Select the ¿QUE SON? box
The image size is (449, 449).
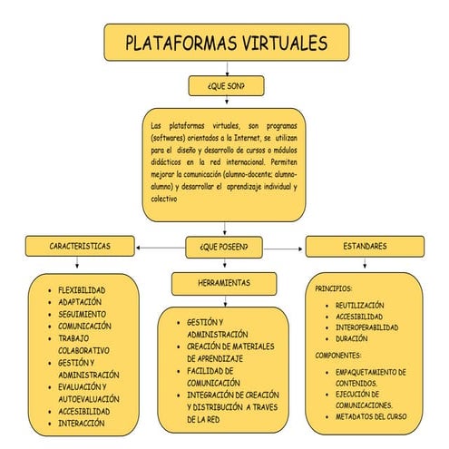pos(225,86)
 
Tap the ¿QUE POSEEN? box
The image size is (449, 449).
pos(223,246)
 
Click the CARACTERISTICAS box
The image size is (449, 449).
pos(81,246)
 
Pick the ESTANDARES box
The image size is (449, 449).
pos(364,246)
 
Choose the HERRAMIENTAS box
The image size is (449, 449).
pos(224,284)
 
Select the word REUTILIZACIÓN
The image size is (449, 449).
pos(360,306)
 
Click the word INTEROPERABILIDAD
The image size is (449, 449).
pos(366,327)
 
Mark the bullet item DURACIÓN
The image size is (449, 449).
pos(352,338)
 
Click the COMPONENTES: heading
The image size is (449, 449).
pos(338,356)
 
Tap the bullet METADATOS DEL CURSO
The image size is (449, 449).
pos(371,416)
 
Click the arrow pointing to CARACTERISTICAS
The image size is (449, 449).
pos(143,246)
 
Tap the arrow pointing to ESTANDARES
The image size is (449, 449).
pos(298,246)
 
